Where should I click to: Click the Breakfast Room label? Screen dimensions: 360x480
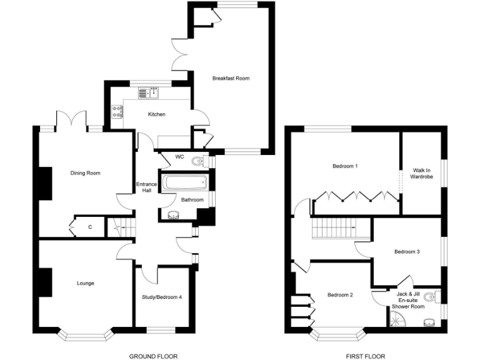point(231,78)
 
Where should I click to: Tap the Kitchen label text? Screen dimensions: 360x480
point(156,114)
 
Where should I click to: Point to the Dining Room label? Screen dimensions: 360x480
point(85,173)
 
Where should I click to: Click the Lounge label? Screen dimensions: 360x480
point(85,283)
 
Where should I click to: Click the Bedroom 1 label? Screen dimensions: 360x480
point(345,166)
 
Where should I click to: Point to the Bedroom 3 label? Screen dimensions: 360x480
point(406,252)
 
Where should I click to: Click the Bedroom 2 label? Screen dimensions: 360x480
point(341,294)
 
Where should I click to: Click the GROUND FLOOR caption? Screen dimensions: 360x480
point(152,356)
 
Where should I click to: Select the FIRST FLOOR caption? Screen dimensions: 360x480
point(364,356)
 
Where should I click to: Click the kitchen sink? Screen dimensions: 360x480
point(149,93)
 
